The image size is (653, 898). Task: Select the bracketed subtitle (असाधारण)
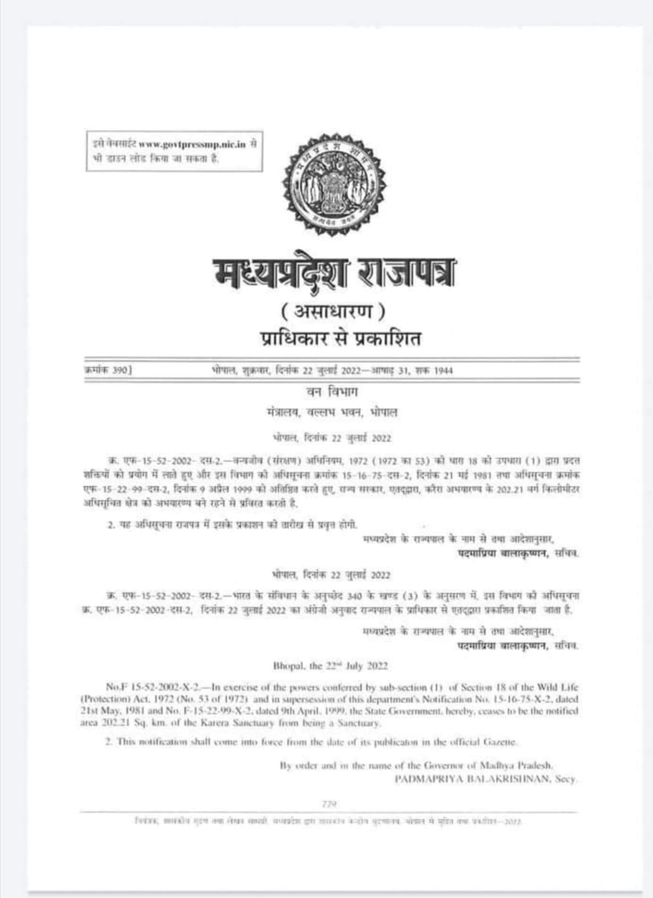click(333, 310)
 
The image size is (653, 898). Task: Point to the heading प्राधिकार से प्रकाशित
click(340, 339)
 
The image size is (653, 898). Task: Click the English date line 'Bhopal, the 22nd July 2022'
click(331, 666)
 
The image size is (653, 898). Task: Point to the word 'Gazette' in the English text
click(500, 742)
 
